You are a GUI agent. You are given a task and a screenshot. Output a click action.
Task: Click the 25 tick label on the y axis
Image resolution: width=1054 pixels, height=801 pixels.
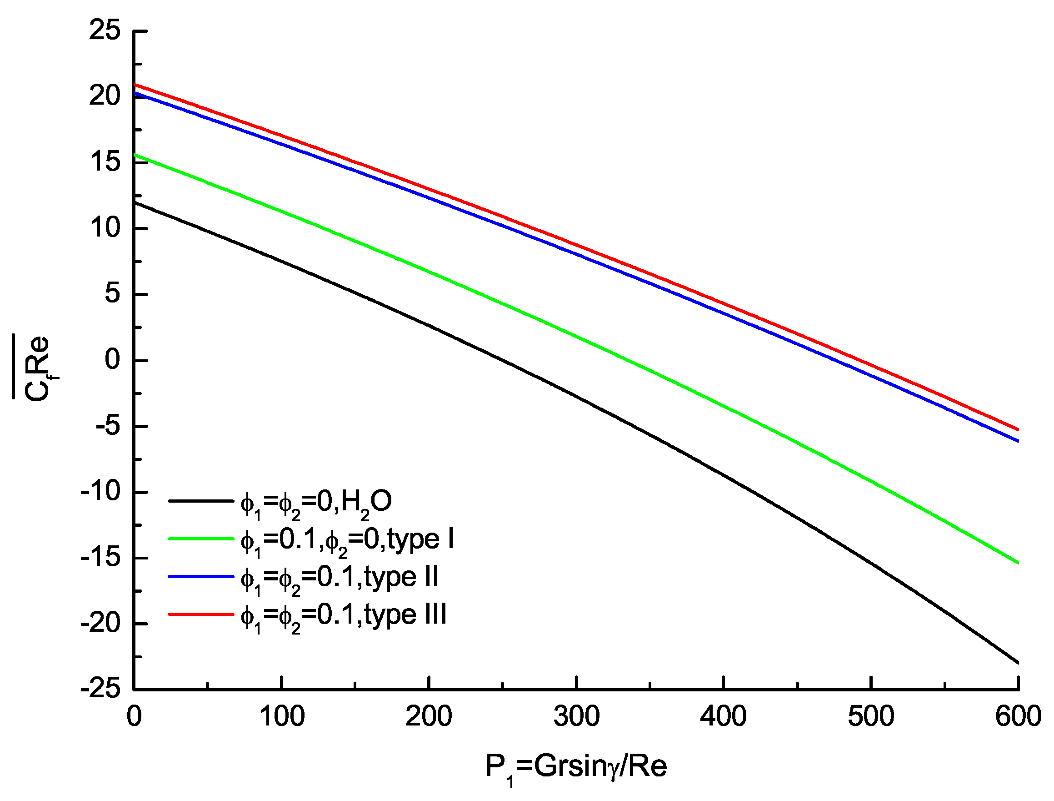(x=105, y=31)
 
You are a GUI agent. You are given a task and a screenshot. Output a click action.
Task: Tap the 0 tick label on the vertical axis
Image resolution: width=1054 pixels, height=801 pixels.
(x=112, y=360)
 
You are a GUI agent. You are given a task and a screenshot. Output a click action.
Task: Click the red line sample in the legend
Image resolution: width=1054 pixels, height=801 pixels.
(x=201, y=614)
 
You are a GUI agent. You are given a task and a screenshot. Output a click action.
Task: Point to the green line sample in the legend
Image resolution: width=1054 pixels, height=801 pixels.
(x=201, y=539)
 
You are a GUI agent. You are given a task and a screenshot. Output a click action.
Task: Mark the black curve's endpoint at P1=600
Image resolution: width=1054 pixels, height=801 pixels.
(x=1018, y=662)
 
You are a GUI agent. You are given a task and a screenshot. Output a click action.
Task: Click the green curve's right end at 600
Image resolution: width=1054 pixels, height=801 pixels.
(x=1018, y=563)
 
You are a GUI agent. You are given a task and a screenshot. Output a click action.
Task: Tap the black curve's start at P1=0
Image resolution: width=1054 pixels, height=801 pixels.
(x=135, y=202)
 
